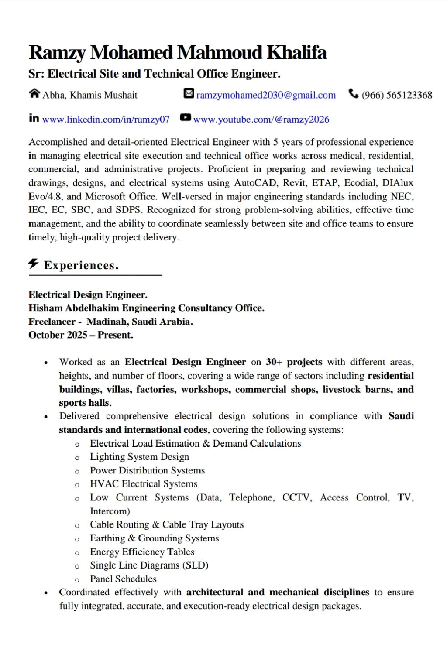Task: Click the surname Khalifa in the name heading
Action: coord(296,53)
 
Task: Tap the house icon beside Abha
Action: coord(34,94)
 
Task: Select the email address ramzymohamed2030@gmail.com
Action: coord(266,95)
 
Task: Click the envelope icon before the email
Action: coord(189,93)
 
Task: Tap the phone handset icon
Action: coord(353,94)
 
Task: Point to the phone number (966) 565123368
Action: coord(397,95)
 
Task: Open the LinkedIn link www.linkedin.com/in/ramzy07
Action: coord(106,120)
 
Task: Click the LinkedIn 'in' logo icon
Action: coord(34,118)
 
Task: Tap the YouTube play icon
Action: coord(186,117)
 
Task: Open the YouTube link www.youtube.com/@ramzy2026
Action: coord(261,120)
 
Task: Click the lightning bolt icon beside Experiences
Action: coord(34,264)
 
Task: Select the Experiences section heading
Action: coord(81,265)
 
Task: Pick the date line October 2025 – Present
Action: coord(81,335)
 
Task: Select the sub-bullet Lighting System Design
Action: coord(139,457)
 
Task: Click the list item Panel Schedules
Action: coord(123,579)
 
